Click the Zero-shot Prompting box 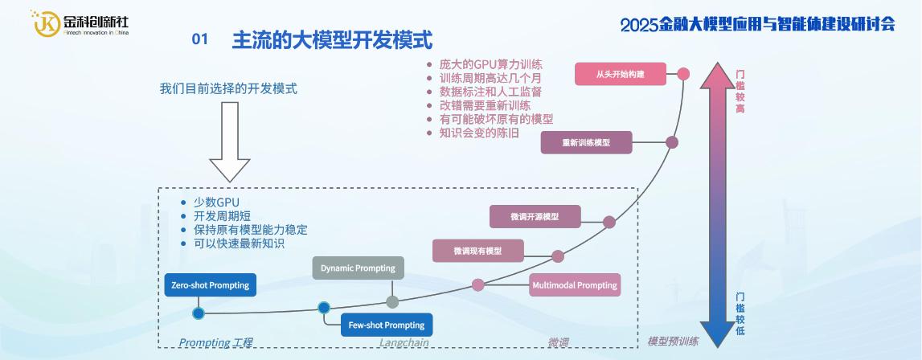coord(210,285)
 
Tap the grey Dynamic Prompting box coord(358,268)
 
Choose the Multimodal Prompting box coord(575,285)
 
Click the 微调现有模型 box coord(477,251)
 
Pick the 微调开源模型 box coord(535,217)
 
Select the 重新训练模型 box coord(586,142)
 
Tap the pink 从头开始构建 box coord(621,74)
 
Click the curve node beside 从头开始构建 coord(683,74)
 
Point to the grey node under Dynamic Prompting coord(392,302)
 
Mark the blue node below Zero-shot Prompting coord(199,313)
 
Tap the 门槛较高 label coord(740,91)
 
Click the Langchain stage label coord(404,343)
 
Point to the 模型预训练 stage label coord(673,342)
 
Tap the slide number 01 coord(200,39)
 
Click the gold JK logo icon coord(46,22)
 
